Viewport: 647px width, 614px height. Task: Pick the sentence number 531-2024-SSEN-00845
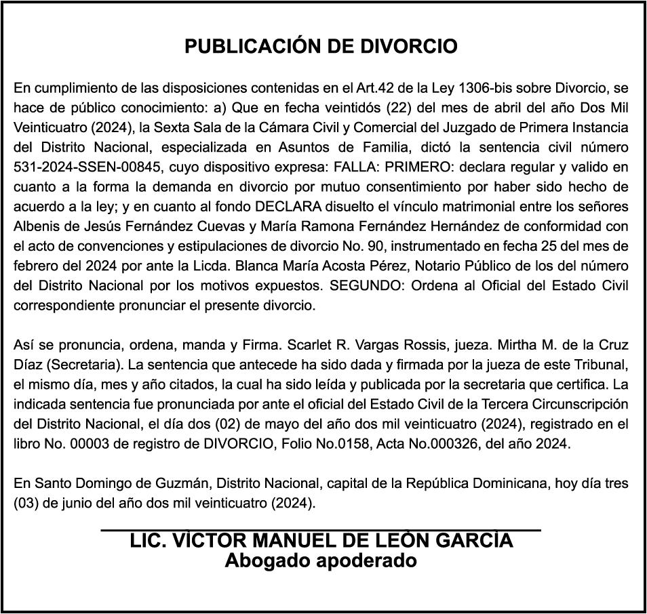pyautogui.click(x=83, y=167)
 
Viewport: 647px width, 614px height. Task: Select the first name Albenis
pyautogui.click(x=37, y=226)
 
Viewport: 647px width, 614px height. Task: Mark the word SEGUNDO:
pyautogui.click(x=369, y=285)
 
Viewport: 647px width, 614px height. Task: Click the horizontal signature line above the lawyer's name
pyautogui.click(x=321, y=529)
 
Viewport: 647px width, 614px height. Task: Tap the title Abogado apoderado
pyautogui.click(x=321, y=561)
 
